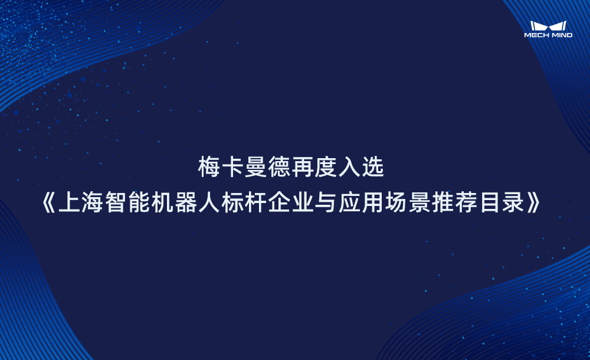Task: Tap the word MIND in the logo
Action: [560, 35]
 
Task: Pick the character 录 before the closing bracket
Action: [517, 204]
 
